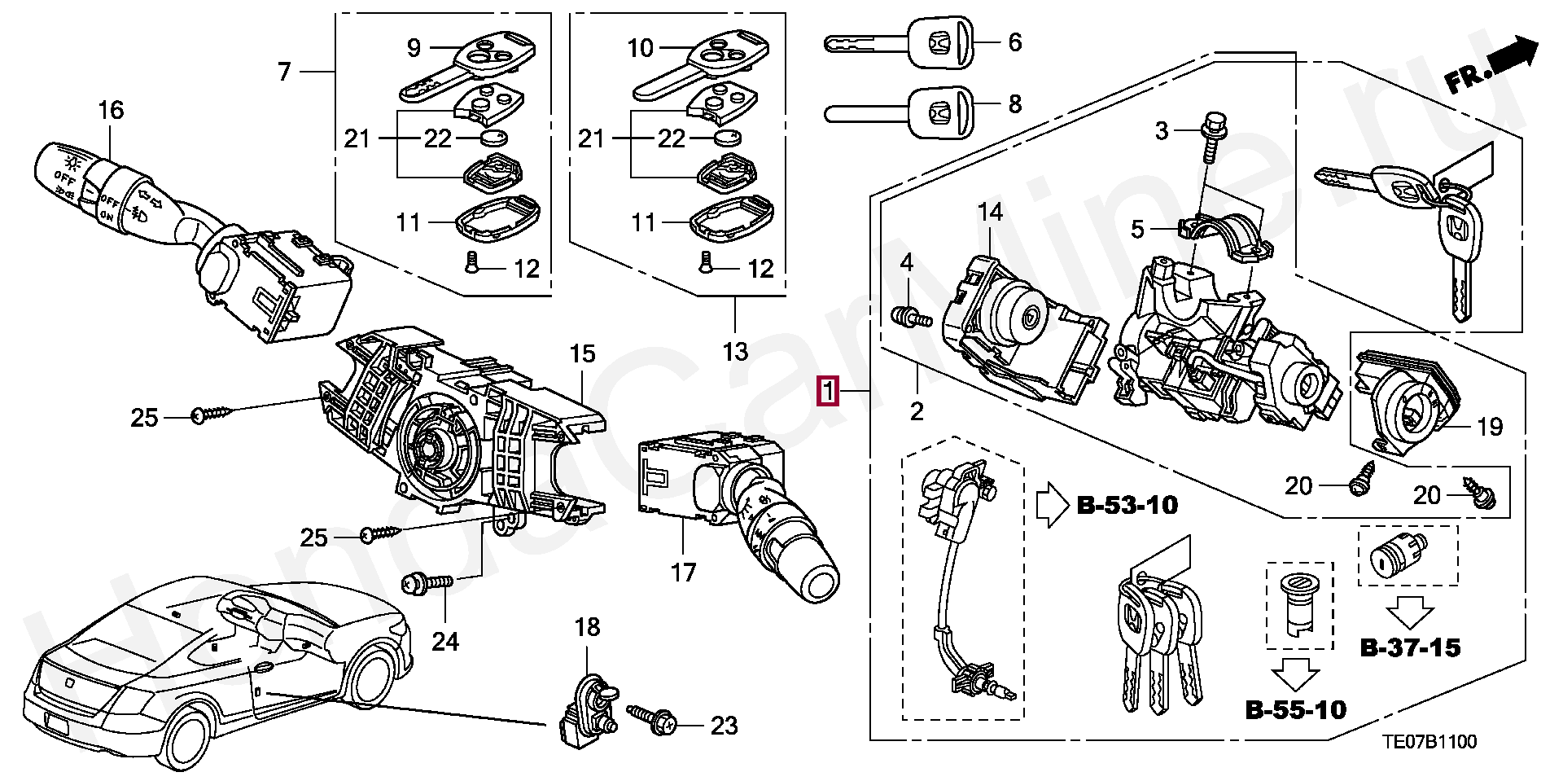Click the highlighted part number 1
point(828,392)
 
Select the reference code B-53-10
point(1127,506)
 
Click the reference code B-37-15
point(1410,648)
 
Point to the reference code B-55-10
point(1296,710)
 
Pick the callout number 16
point(111,110)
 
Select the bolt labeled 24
point(428,583)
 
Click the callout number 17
point(683,573)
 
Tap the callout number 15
point(582,354)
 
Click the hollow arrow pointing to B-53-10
point(1053,505)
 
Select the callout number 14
point(990,213)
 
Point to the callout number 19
point(1490,427)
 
